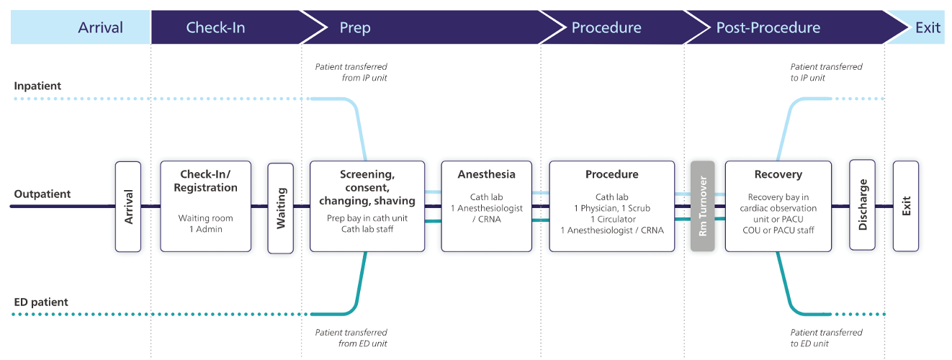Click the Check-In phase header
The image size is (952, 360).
coord(215,27)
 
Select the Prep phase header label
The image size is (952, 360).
coord(355,28)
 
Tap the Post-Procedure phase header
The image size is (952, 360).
coord(768,27)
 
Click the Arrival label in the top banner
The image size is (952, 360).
coord(100,27)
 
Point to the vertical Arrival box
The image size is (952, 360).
coord(128,207)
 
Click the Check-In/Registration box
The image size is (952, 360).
coord(206,207)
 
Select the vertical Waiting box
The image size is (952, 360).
coord(281,208)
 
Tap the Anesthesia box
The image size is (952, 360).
coord(487,207)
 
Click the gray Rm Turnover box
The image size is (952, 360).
coord(703,207)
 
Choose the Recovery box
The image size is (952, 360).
coord(778,207)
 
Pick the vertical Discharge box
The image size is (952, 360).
coord(862,205)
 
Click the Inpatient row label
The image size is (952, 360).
coord(37,86)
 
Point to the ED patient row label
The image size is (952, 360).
coord(41,302)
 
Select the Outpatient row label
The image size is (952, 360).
coord(42,194)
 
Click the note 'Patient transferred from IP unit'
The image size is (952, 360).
coord(351,72)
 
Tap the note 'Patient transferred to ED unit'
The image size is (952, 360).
coord(826,338)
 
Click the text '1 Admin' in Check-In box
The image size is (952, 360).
coord(206,229)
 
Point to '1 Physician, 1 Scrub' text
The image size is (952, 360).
coord(612,208)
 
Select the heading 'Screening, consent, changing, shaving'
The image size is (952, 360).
coord(367,187)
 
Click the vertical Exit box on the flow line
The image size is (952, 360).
coord(906,207)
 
